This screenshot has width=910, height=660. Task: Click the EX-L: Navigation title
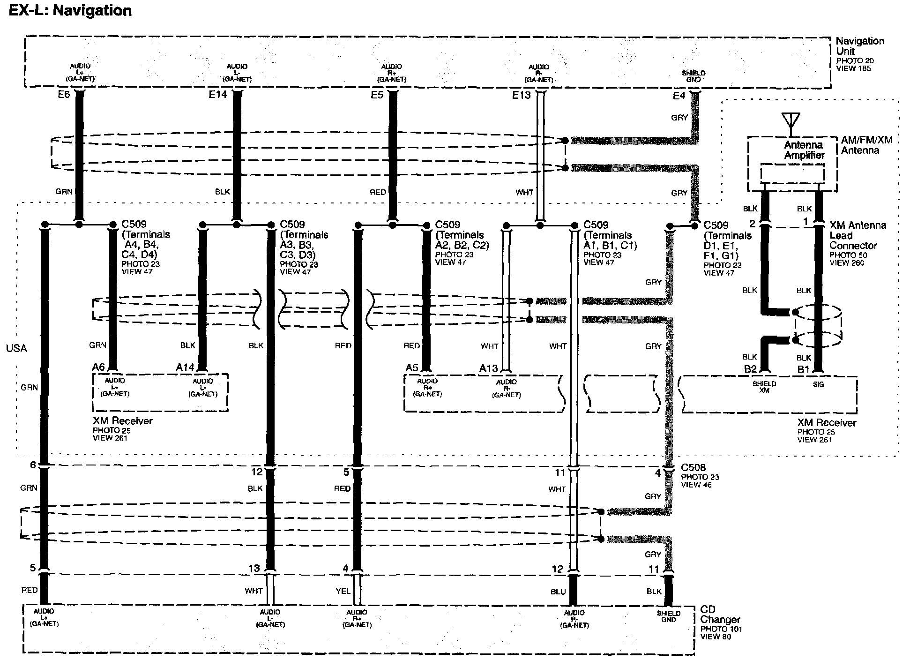pos(70,10)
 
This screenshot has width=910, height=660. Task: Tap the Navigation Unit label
pos(859,46)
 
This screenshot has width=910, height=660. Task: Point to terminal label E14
pos(217,95)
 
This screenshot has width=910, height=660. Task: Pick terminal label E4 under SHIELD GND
pos(679,96)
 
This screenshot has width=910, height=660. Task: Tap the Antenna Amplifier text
pos(804,150)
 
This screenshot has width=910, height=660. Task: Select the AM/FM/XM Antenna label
pos(866,145)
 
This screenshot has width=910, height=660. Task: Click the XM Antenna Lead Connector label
pos(857,235)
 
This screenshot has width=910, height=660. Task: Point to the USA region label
pos(16,348)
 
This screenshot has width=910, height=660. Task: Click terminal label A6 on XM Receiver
pos(98,367)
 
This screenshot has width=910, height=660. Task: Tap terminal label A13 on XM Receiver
pos(488,368)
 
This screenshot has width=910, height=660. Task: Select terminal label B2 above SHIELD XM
pos(750,369)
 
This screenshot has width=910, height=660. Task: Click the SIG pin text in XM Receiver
pos(818,384)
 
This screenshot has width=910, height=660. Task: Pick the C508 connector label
pos(693,468)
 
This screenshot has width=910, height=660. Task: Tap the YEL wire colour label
pos(343,591)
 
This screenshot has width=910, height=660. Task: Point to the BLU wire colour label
pos(558,592)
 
